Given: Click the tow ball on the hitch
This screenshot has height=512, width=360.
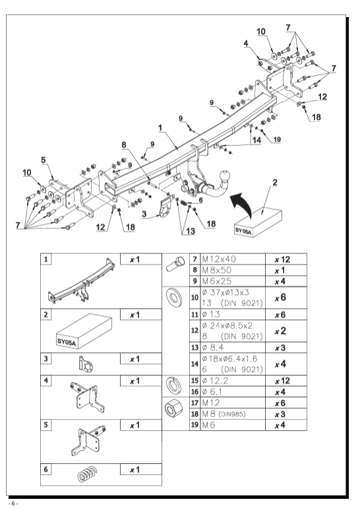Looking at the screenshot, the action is coord(226,176).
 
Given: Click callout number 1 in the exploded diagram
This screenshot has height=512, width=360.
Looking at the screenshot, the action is coord(160,128).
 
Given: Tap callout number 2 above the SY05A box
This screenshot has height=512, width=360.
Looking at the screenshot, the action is coord(275,182).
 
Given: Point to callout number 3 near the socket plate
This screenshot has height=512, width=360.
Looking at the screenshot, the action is coord(144,214).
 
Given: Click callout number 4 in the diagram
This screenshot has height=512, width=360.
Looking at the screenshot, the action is coord(246,43).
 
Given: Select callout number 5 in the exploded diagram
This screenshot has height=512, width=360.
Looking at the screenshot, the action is coord(44,160).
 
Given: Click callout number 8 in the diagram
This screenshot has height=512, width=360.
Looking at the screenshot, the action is coord(124,144).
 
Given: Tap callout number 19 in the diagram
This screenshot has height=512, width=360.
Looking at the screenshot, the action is coord(277,139).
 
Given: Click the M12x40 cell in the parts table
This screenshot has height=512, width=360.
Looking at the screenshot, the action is coord(219,259).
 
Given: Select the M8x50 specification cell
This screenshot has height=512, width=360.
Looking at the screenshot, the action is coord(217,270).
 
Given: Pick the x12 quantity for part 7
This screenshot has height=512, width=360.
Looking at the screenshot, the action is coord(282,259).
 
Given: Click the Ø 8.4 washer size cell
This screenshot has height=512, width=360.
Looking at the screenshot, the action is coord(213,348).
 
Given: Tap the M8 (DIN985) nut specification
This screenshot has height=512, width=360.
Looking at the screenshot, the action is coord(224,414).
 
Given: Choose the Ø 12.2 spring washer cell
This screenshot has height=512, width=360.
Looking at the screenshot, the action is coord(215,381).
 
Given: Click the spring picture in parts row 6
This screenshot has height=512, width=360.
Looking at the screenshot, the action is coord(88,474).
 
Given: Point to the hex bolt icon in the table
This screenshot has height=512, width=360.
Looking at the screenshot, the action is coord(175,264).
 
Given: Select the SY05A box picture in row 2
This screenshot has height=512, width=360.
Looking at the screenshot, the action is coord(84,331).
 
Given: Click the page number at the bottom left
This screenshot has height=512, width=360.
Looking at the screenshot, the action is coord(13,503).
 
